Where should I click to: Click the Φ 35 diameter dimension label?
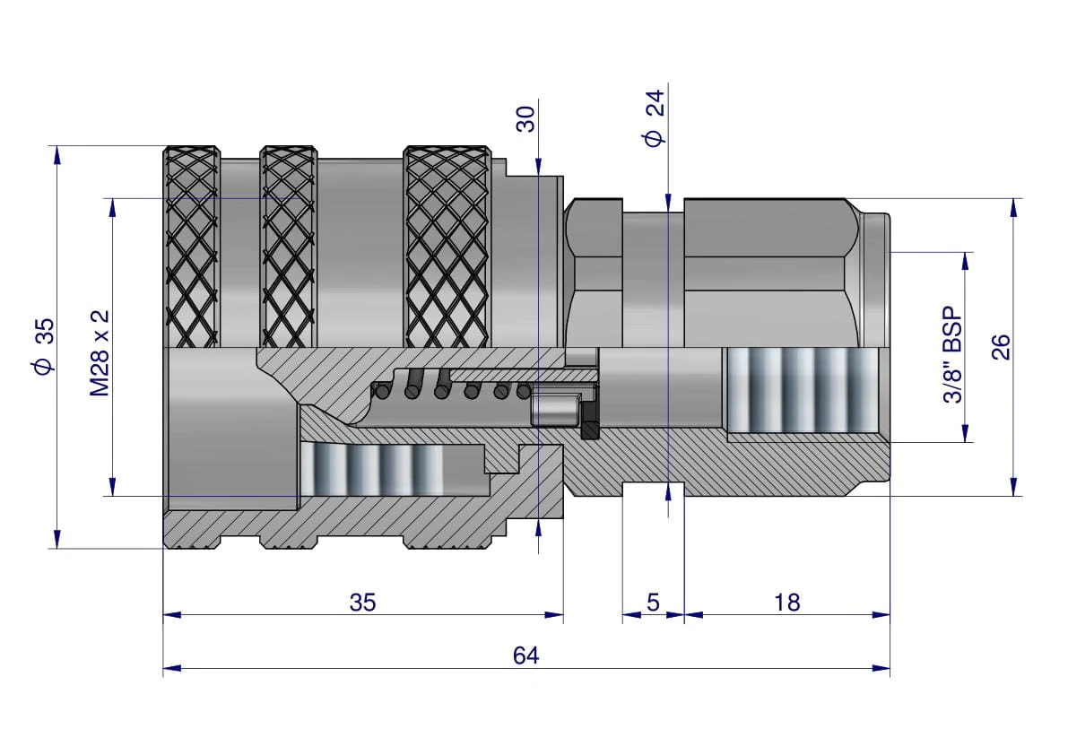click(42, 346)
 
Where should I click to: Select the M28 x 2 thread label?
click(100, 352)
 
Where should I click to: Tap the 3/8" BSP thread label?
click(953, 355)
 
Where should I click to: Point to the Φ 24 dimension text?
click(653, 117)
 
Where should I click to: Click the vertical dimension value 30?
click(525, 118)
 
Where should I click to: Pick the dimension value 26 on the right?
click(1001, 347)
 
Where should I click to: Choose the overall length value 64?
click(525, 655)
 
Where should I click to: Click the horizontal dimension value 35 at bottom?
click(362, 603)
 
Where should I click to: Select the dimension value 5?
click(653, 603)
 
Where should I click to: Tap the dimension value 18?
click(786, 603)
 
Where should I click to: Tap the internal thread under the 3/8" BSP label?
click(803, 391)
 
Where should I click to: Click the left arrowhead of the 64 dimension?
click(172, 669)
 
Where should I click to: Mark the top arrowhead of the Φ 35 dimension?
click(57, 154)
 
